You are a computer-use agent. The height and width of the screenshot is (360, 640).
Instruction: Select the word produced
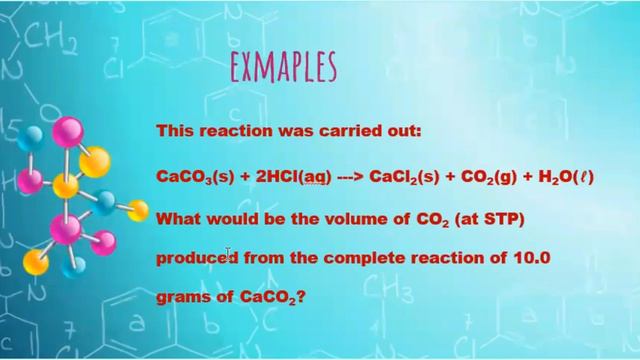196,257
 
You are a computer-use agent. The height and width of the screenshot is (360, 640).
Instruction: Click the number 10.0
531,257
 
